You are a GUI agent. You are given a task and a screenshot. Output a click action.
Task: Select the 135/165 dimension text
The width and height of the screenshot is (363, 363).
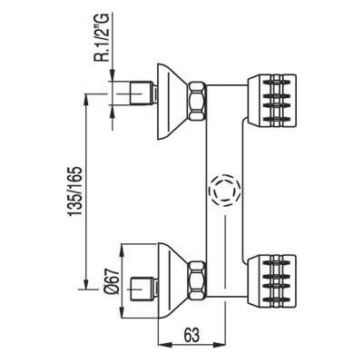click(x=75, y=191)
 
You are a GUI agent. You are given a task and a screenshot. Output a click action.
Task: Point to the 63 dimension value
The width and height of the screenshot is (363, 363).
click(x=191, y=335)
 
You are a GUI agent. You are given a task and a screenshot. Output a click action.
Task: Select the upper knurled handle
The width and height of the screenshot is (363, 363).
click(x=270, y=100)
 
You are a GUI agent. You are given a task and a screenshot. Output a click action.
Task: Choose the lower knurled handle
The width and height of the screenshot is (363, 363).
click(x=270, y=281)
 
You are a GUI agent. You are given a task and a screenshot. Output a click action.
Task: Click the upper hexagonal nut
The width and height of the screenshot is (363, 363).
click(x=198, y=100)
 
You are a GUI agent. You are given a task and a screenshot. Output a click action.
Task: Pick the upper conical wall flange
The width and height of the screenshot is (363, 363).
click(x=173, y=102)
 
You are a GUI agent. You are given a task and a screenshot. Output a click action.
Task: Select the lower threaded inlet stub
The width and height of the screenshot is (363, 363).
click(x=144, y=289)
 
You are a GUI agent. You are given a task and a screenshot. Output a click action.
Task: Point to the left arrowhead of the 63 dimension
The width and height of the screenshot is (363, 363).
click(x=165, y=345)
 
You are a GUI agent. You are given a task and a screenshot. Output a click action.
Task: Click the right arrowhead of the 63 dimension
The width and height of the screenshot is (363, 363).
click(x=219, y=345)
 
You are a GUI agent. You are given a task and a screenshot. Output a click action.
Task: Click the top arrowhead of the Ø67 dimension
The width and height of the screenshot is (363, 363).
click(x=122, y=250)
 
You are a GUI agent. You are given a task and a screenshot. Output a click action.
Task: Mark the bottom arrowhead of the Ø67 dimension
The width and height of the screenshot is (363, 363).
click(x=122, y=311)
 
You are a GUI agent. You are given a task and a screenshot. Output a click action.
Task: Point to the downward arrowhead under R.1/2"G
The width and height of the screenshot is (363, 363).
click(x=113, y=74)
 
